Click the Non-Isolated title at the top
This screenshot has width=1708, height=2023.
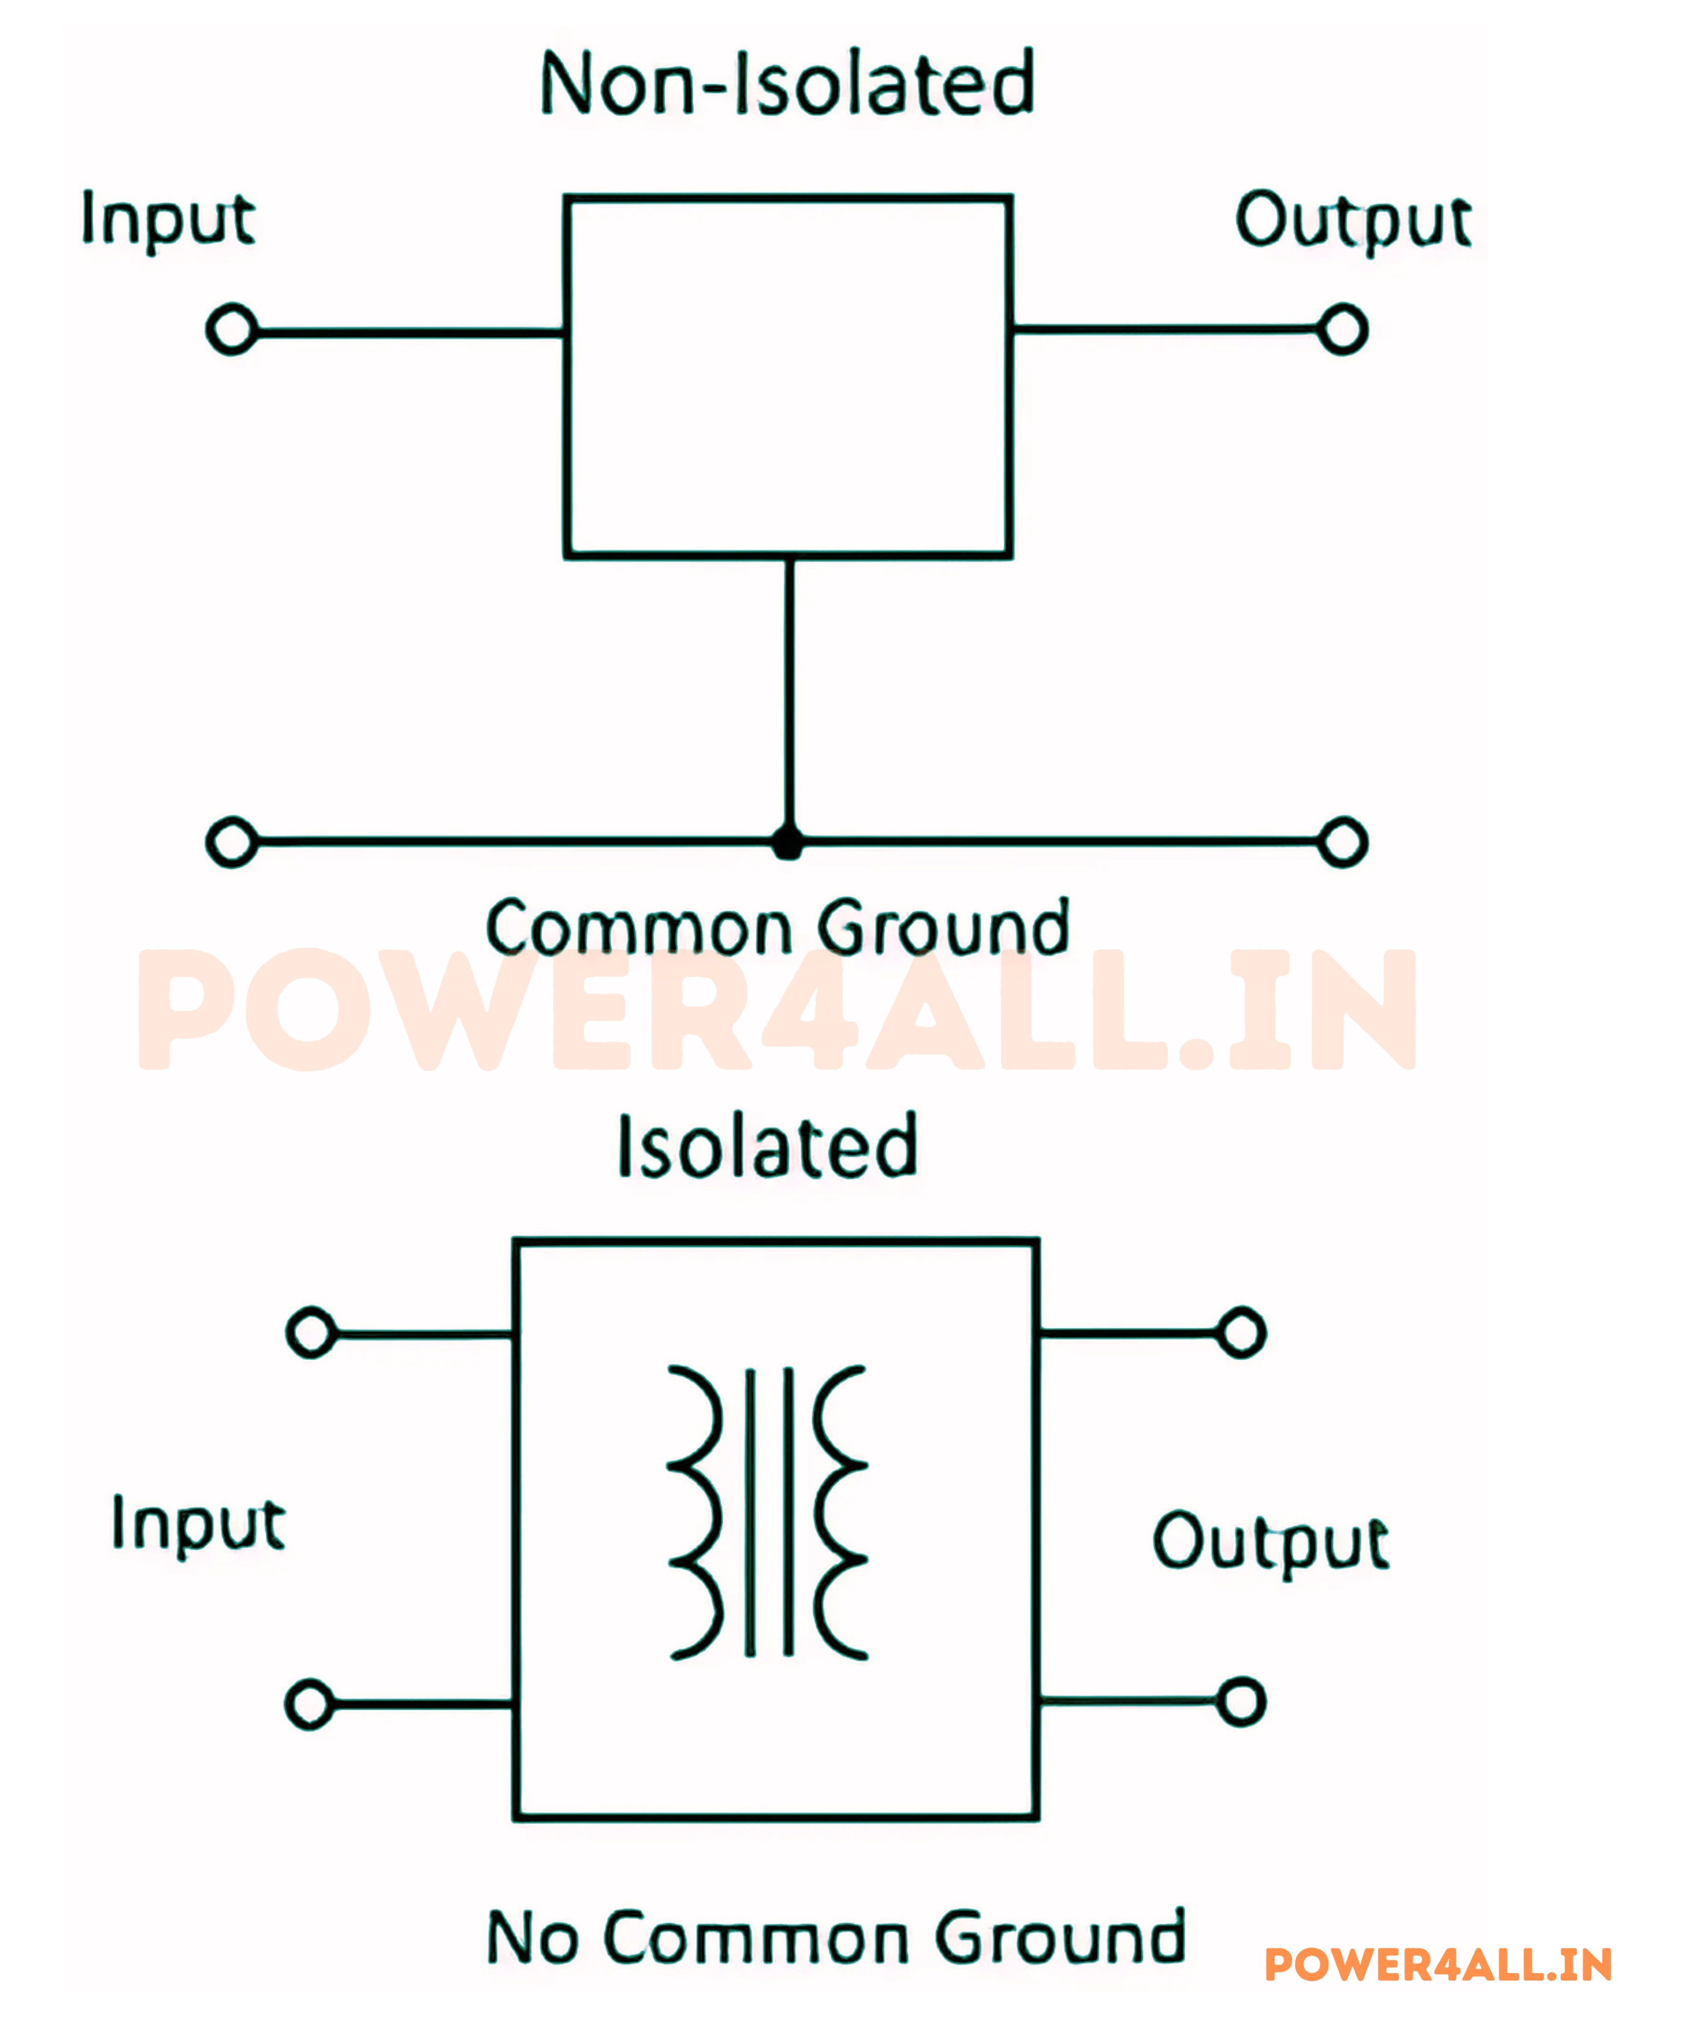787,84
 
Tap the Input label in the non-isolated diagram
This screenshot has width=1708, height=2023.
167,219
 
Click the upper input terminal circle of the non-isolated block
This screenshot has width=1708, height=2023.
232,330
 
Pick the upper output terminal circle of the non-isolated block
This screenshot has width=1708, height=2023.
1342,330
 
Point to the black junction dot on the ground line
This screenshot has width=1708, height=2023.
788,843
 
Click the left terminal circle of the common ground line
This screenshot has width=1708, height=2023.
232,842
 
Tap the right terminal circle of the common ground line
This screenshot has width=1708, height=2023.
1342,842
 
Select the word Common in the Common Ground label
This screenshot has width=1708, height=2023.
639,928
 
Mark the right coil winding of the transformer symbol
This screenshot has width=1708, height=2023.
839,1513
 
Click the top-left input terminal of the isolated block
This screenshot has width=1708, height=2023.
312,1333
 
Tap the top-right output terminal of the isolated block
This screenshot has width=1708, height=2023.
1242,1333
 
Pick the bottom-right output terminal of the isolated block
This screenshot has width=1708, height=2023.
1242,1701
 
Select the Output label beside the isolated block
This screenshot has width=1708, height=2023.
1270,1541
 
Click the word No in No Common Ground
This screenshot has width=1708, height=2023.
533,1939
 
